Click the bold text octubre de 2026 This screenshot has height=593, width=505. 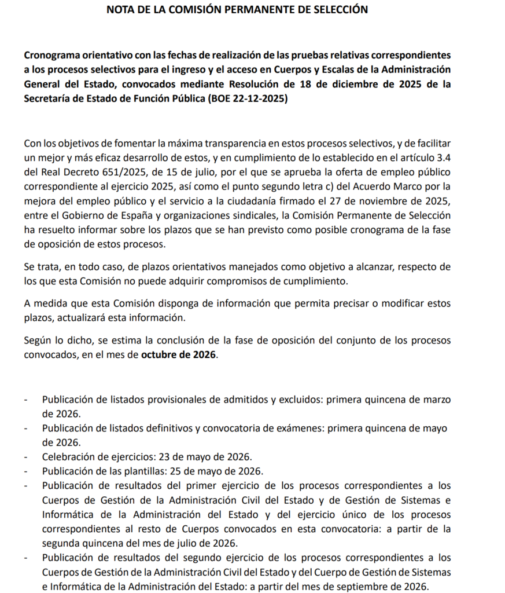[179, 354]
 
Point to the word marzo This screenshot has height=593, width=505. [437, 400]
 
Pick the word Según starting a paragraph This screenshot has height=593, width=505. [38, 339]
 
